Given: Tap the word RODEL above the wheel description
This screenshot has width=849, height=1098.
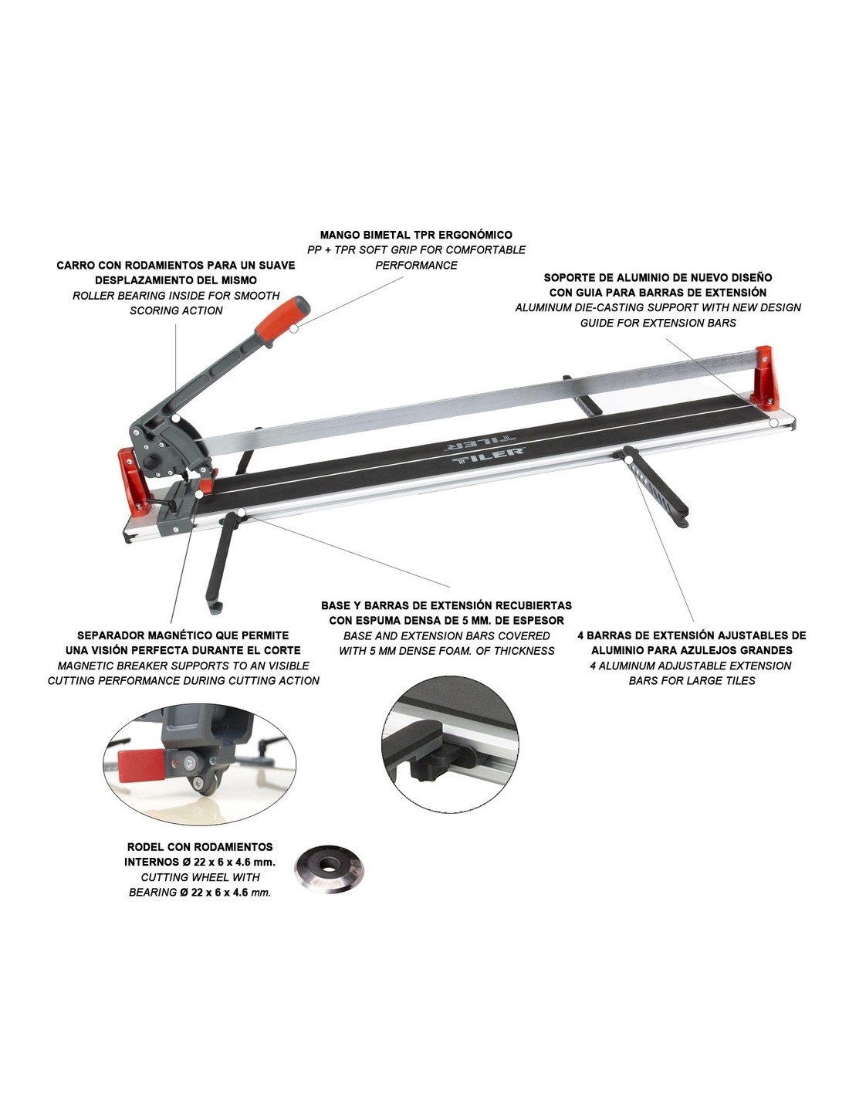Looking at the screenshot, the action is (x=144, y=847).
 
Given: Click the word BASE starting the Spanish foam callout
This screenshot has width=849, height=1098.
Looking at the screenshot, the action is (x=337, y=605).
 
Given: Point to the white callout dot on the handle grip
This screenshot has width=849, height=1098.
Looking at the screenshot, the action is (x=294, y=328).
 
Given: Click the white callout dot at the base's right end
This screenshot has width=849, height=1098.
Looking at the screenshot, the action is (x=773, y=422).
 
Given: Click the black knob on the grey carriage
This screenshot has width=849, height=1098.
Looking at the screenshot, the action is (x=151, y=463).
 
